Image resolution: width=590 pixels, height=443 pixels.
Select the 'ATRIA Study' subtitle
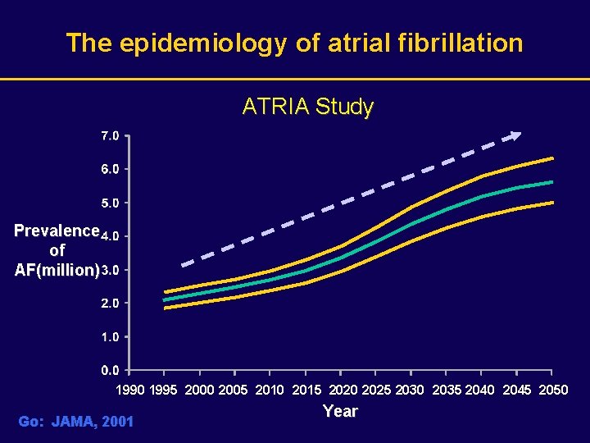click(307, 107)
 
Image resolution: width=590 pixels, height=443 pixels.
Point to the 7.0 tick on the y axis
click(111, 135)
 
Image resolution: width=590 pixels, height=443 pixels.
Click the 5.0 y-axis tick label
click(111, 202)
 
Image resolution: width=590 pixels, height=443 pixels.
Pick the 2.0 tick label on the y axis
click(111, 303)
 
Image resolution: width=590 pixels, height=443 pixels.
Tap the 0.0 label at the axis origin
click(111, 370)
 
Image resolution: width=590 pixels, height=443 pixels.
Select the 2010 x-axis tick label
click(270, 390)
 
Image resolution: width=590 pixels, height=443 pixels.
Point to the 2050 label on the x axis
click(553, 390)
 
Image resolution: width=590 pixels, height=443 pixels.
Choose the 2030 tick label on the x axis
click(410, 390)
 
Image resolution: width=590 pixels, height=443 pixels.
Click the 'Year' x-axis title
click(340, 411)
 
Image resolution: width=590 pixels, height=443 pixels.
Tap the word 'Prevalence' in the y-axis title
click(56, 231)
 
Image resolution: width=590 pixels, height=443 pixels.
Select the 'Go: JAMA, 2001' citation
click(75, 422)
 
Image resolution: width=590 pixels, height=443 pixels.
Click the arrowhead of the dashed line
click(516, 136)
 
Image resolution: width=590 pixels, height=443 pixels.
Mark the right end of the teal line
click(552, 182)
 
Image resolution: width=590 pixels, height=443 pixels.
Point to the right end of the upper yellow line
click(552, 158)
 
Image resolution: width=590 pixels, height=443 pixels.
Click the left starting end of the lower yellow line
click(166, 308)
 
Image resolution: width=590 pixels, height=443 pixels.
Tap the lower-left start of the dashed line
click(184, 264)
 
